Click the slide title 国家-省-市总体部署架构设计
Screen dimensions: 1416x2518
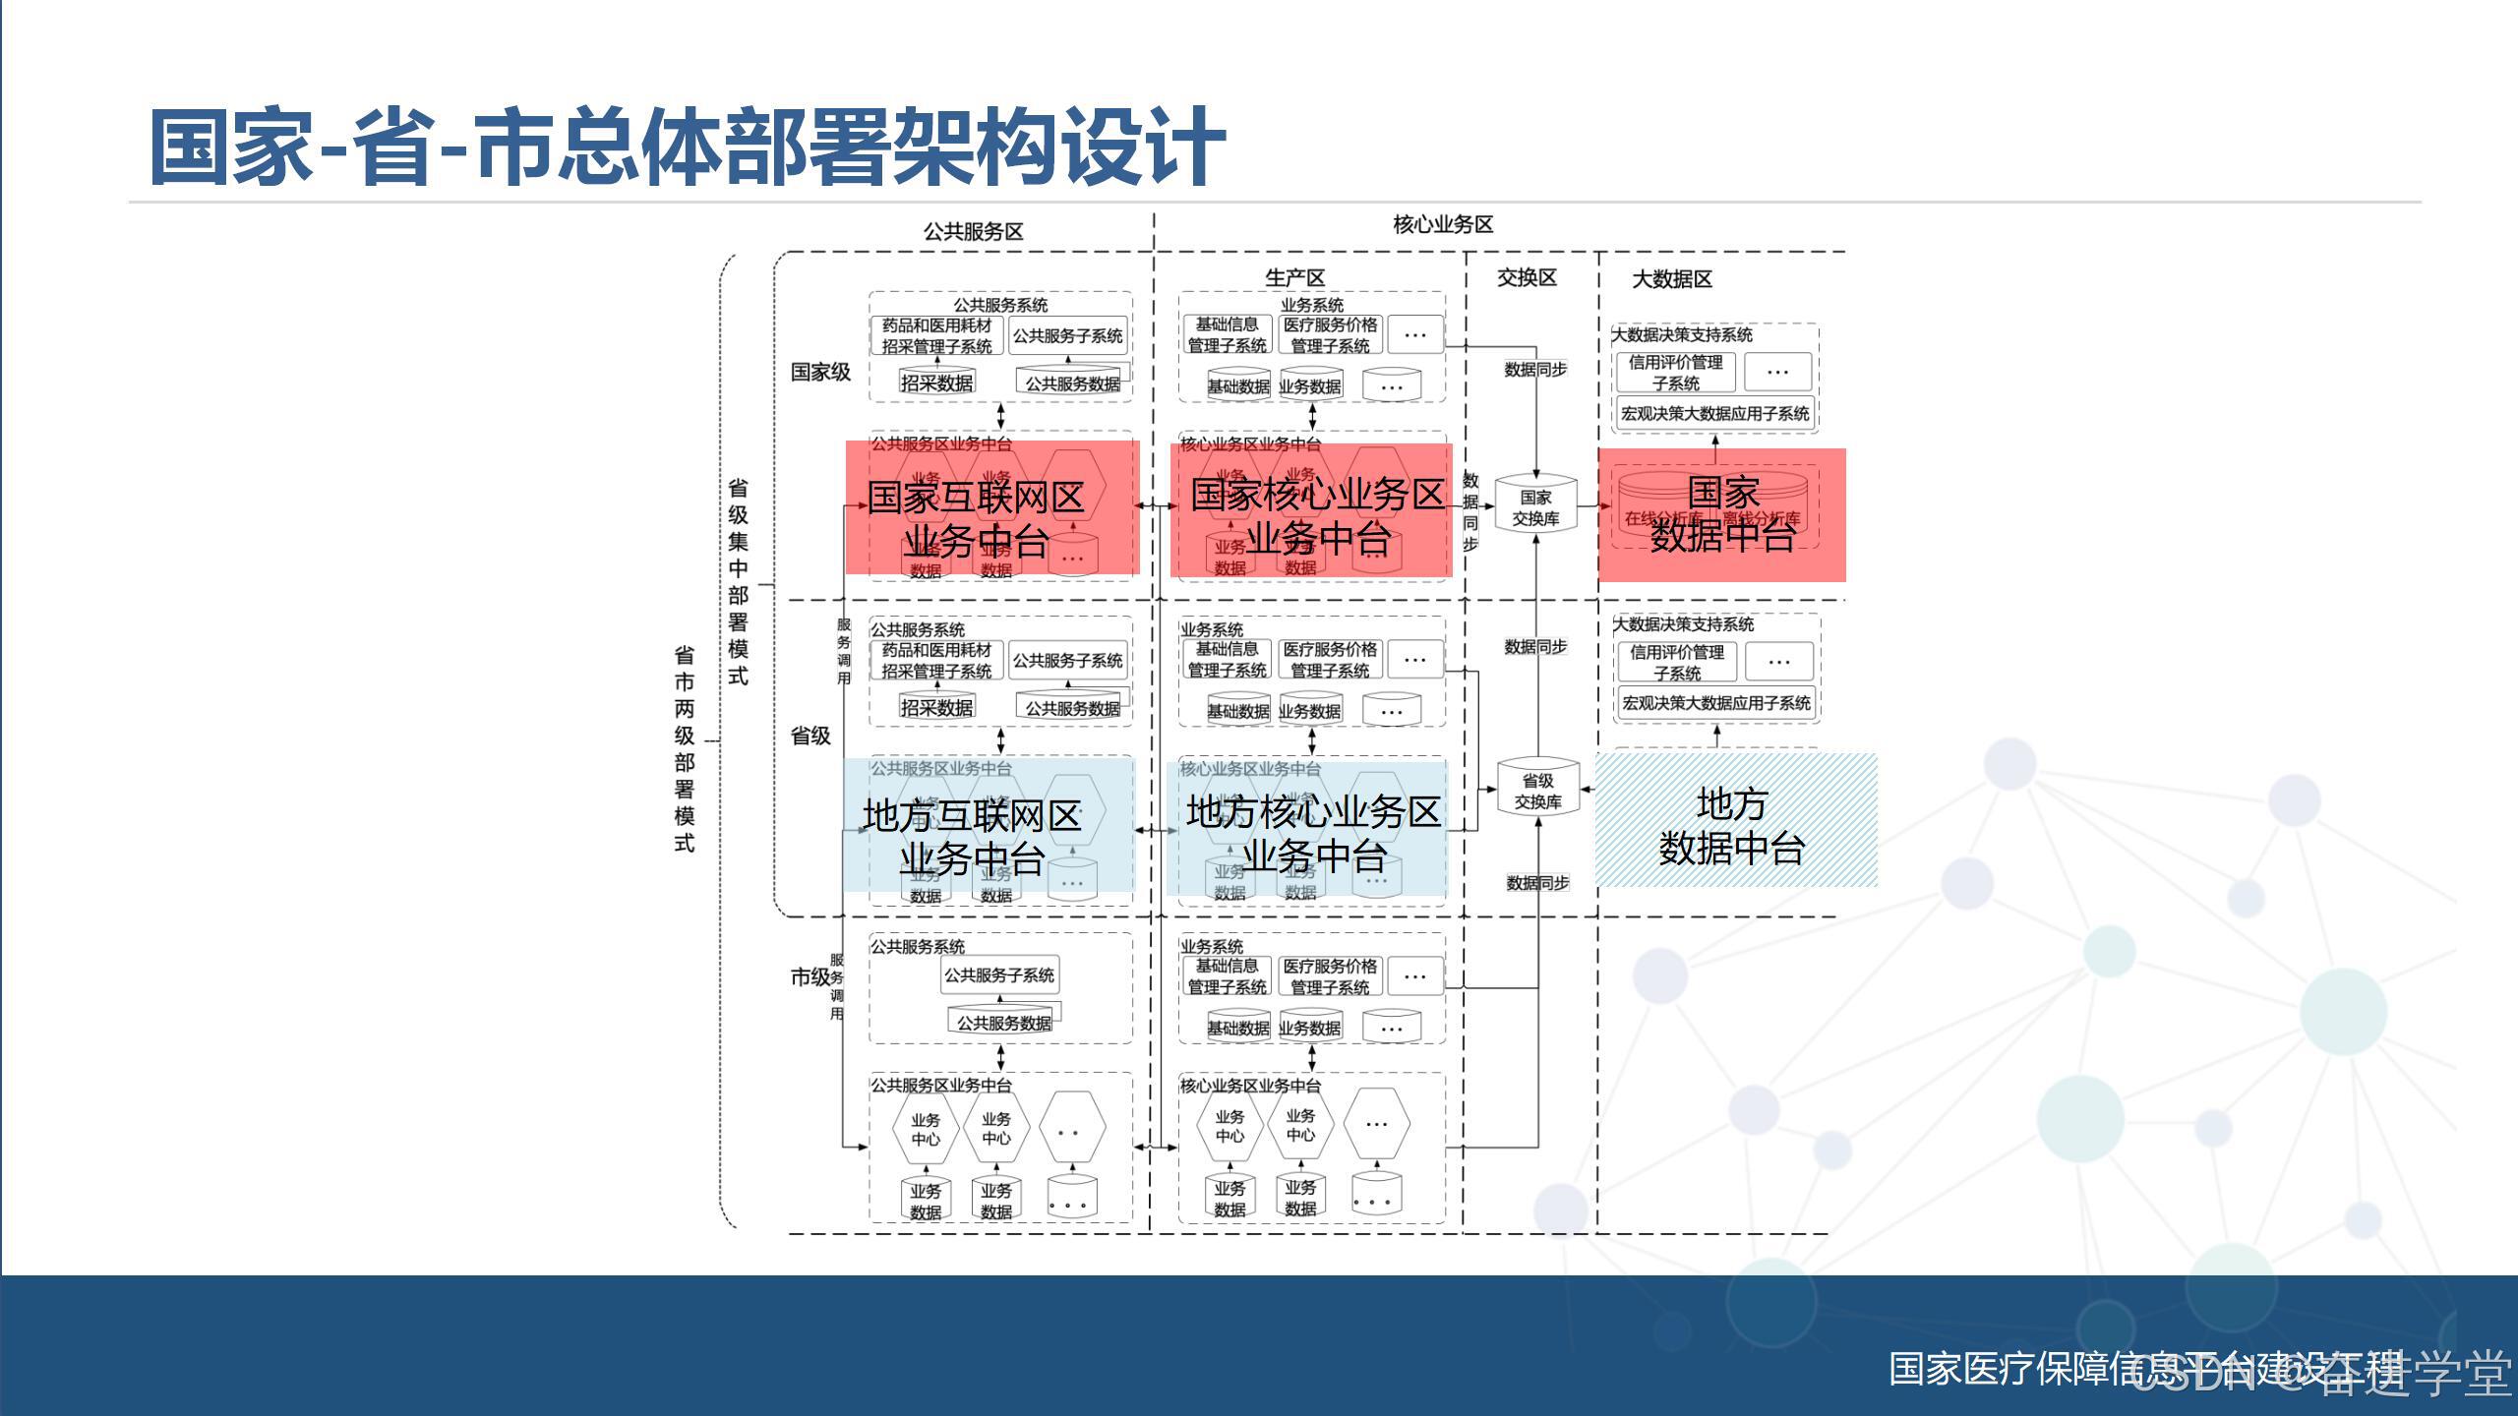pyautogui.click(x=687, y=147)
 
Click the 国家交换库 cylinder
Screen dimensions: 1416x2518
pyautogui.click(x=1535, y=505)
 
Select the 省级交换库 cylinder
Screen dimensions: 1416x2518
pyautogui.click(x=1537, y=790)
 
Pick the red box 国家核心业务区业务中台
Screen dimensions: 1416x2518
pyautogui.click(x=1311, y=510)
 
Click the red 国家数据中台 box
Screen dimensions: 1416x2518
pyautogui.click(x=1721, y=514)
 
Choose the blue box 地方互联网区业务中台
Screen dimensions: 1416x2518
pyautogui.click(x=988, y=826)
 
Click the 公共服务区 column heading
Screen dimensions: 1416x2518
pyautogui.click(x=973, y=232)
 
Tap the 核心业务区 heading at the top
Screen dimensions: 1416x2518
pyautogui.click(x=1443, y=225)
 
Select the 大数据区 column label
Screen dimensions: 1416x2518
pyautogui.click(x=1672, y=279)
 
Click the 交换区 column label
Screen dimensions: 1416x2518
pyautogui.click(x=1527, y=278)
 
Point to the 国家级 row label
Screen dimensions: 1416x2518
pyautogui.click(x=820, y=372)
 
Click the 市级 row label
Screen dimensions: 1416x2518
pyautogui.click(x=809, y=976)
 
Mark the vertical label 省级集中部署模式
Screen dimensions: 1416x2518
pyautogui.click(x=738, y=581)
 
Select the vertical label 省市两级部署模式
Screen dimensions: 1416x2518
pyautogui.click(x=685, y=748)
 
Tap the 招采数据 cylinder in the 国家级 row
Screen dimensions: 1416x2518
pyautogui.click(x=936, y=383)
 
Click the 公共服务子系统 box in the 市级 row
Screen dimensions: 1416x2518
pyautogui.click(x=999, y=975)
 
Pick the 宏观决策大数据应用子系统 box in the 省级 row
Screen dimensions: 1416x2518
pyautogui.click(x=1716, y=703)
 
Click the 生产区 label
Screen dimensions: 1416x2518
pyautogui.click(x=1294, y=278)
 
